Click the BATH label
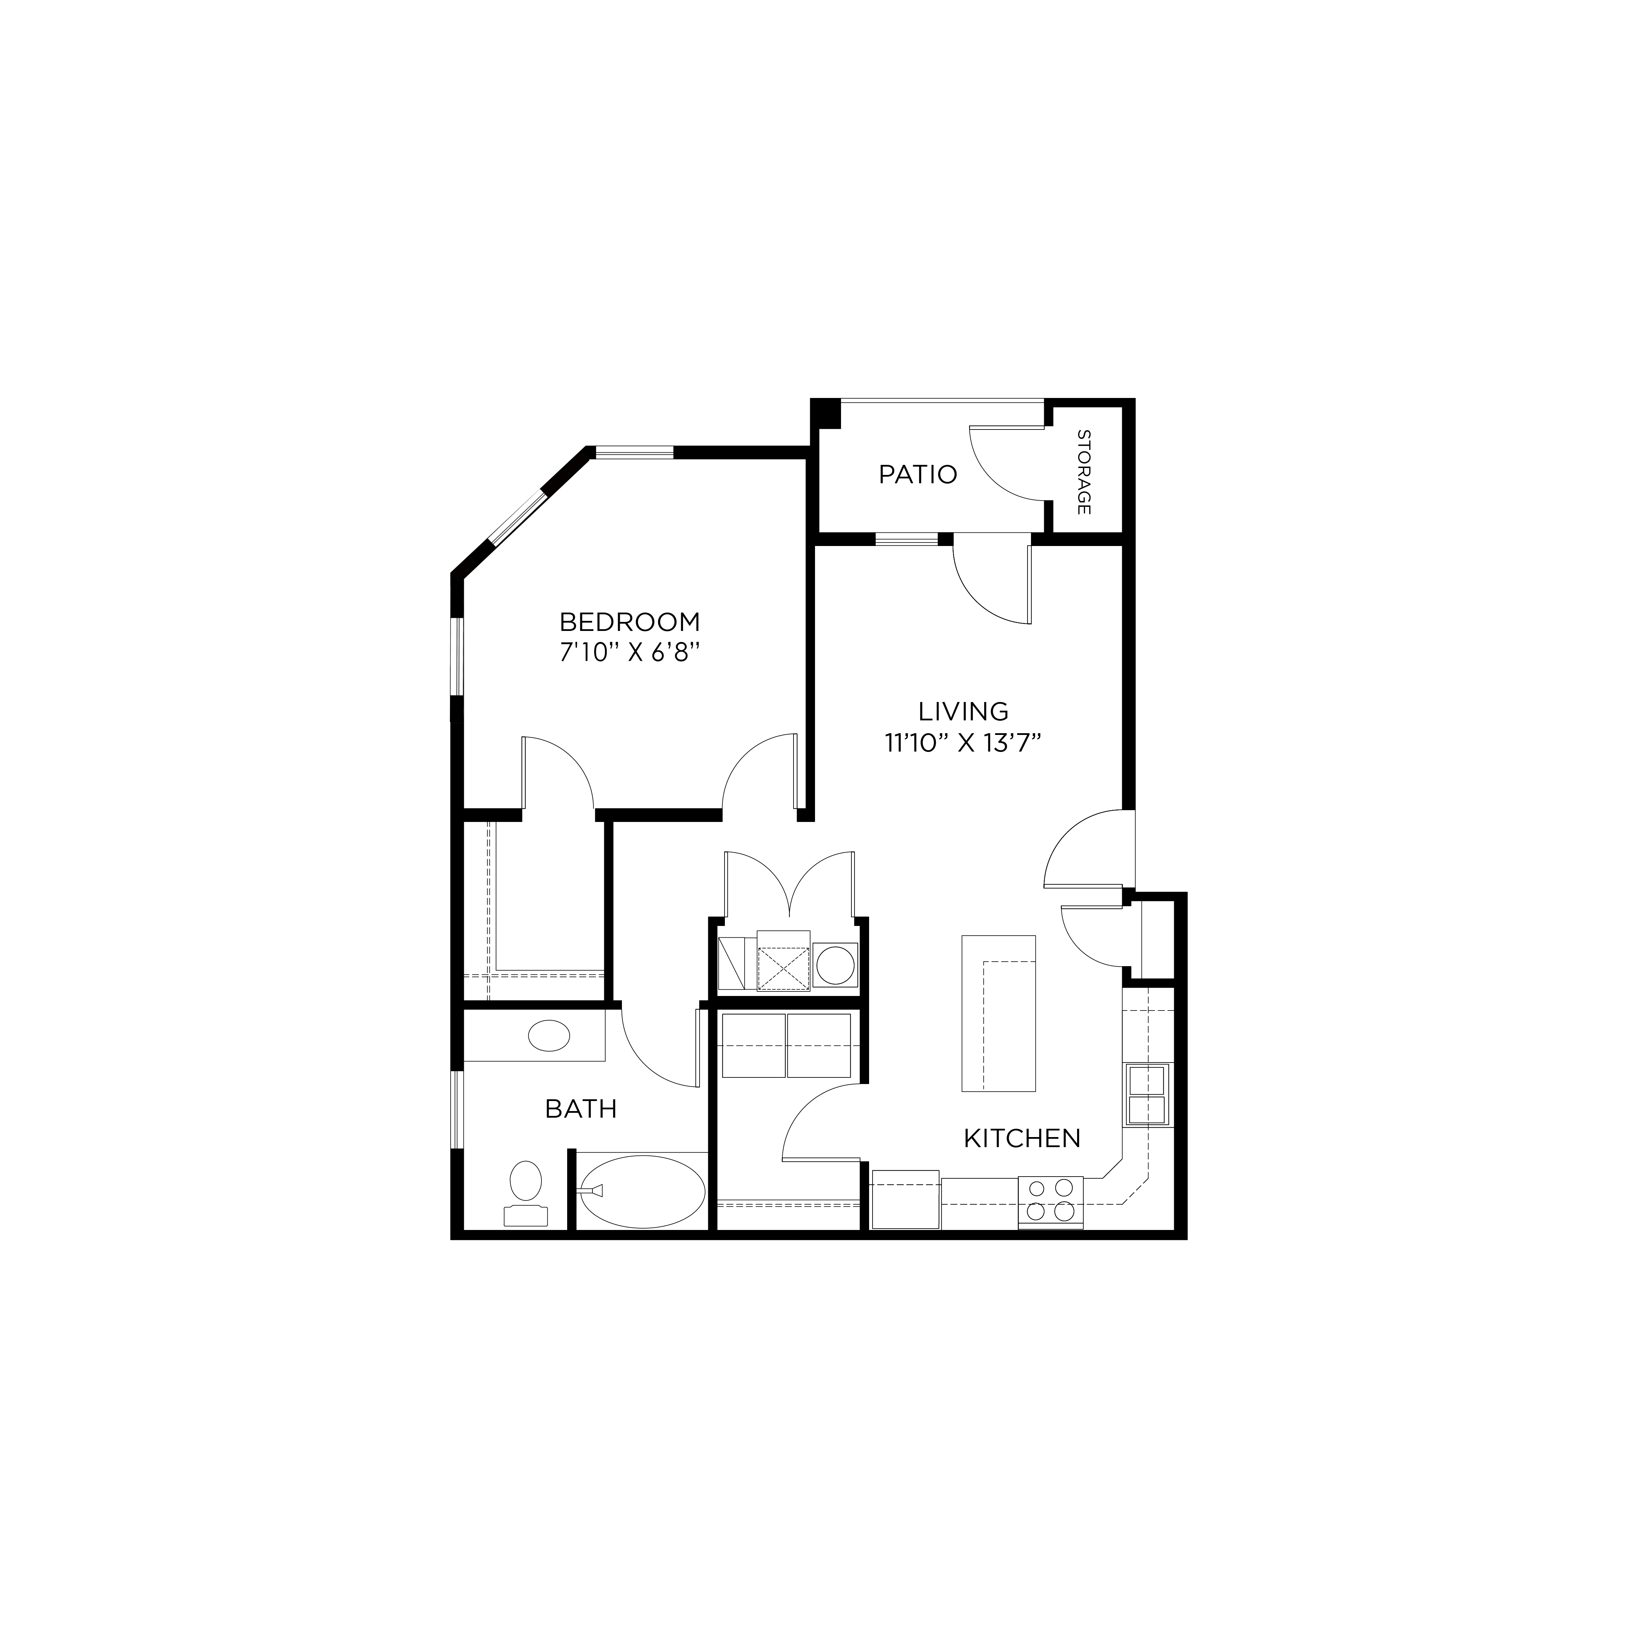pyautogui.click(x=581, y=1109)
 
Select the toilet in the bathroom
pyautogui.click(x=526, y=1187)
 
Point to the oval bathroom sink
pyautogui.click(x=548, y=1036)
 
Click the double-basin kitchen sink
pyautogui.click(x=1146, y=1094)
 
